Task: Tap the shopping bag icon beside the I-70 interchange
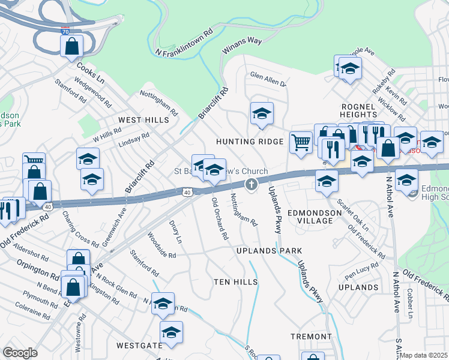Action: (71, 46)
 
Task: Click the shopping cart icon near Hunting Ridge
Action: (301, 143)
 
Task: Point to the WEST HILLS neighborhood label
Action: (143, 120)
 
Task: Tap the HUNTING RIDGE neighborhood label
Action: (250, 141)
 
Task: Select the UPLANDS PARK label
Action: (268, 250)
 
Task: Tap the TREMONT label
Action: (311, 337)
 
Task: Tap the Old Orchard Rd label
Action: (219, 219)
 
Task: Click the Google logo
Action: (20, 352)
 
